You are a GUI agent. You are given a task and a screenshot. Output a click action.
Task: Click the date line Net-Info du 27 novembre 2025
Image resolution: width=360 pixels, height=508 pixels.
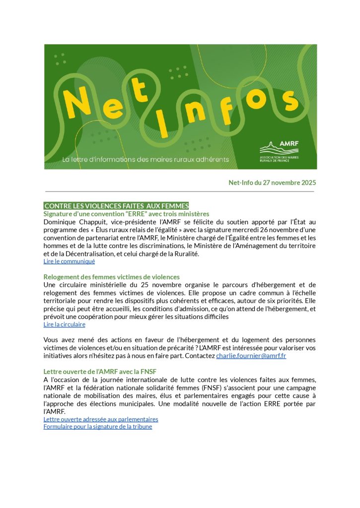click(x=272, y=183)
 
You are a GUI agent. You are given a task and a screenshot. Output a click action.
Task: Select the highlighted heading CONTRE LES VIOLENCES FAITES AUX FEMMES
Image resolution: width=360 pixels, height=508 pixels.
click(x=117, y=206)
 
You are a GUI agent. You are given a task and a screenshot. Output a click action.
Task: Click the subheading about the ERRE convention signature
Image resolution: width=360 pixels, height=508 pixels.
click(x=126, y=214)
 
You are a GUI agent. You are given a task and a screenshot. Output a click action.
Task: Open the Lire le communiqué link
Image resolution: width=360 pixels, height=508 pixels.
click(x=69, y=261)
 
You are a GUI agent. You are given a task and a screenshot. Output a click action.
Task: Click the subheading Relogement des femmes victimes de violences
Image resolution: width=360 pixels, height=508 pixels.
click(x=111, y=277)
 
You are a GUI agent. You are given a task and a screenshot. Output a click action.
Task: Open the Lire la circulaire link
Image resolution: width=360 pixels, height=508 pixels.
click(x=64, y=324)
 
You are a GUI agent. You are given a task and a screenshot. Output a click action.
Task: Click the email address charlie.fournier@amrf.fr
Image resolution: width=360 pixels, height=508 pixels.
click(x=251, y=356)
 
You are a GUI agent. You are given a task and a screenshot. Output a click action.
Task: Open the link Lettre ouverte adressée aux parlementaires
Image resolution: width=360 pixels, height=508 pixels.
click(x=101, y=419)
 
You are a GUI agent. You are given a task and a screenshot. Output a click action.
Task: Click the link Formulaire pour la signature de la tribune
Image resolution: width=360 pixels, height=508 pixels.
click(x=98, y=427)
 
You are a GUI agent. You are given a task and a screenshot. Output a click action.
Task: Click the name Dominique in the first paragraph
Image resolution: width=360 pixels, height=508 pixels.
click(x=61, y=222)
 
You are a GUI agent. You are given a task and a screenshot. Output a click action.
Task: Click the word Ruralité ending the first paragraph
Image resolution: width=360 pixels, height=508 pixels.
click(x=185, y=254)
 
